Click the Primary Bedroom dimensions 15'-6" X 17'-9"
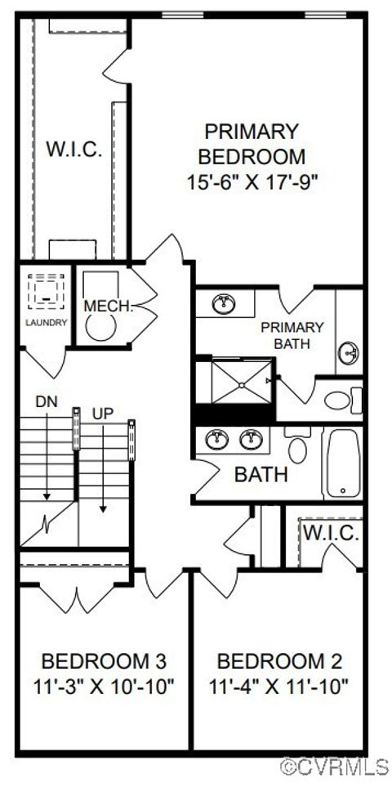pyautogui.click(x=252, y=182)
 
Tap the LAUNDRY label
pyautogui.click(x=47, y=322)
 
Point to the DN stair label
pyautogui.click(x=47, y=401)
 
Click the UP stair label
pyautogui.click(x=103, y=414)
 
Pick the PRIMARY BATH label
pyautogui.click(x=292, y=335)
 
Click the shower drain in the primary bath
pyautogui.click(x=242, y=385)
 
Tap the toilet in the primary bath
pyautogui.click(x=343, y=401)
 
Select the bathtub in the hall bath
pyautogui.click(x=343, y=463)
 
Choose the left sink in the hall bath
pyautogui.click(x=217, y=440)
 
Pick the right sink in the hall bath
pyautogui.click(x=251, y=440)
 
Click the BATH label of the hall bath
pyautogui.click(x=261, y=474)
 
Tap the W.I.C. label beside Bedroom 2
pyautogui.click(x=332, y=533)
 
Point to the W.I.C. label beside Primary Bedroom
pyautogui.click(x=74, y=150)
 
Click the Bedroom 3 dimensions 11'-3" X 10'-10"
pyautogui.click(x=104, y=684)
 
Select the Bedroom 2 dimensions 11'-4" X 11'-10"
pyautogui.click(x=278, y=684)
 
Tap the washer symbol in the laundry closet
pyautogui.click(x=47, y=292)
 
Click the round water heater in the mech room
pyautogui.click(x=97, y=327)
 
